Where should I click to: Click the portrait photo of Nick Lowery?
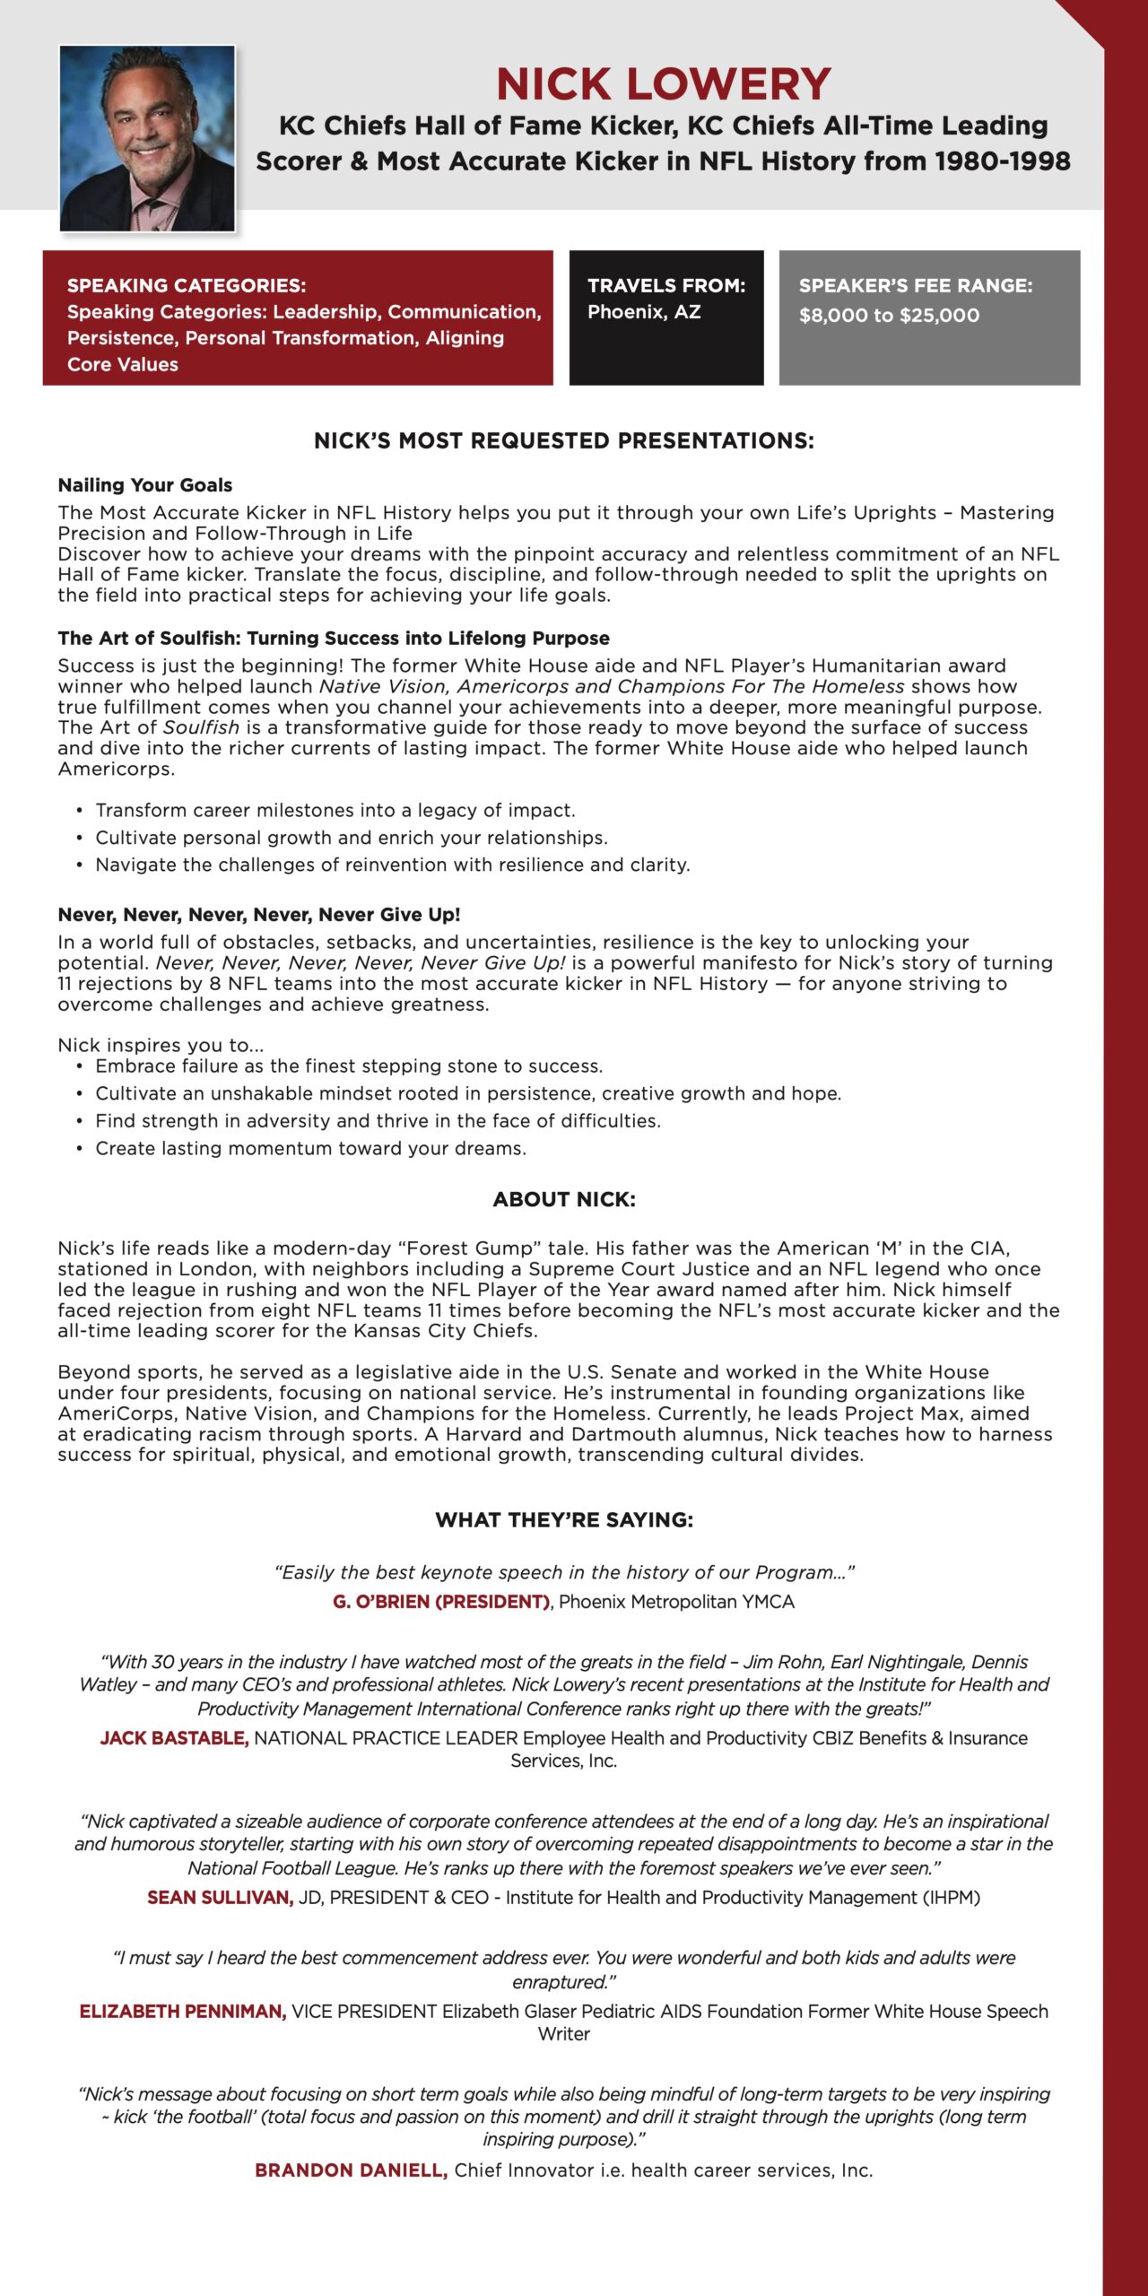[x=147, y=138]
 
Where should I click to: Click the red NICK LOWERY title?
[x=664, y=84]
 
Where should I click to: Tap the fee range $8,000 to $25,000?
[x=889, y=315]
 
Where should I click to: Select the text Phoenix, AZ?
[x=644, y=312]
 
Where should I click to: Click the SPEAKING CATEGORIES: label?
[x=187, y=285]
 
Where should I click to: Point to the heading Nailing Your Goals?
[x=145, y=485]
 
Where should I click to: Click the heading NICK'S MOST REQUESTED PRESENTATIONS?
[x=564, y=440]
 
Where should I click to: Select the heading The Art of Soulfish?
[x=334, y=639]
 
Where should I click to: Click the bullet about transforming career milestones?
[x=335, y=811]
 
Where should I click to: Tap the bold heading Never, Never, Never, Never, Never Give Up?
[x=259, y=915]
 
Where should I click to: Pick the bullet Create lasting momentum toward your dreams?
[x=310, y=1149]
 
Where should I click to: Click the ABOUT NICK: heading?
[x=564, y=1200]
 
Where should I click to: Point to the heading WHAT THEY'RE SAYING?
[x=564, y=1520]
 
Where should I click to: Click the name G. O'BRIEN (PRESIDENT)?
[x=441, y=1602]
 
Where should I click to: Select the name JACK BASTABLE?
[x=174, y=1738]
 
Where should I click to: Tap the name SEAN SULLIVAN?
[x=221, y=1898]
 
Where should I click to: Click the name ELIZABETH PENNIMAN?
[x=183, y=2012]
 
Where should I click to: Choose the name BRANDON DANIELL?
[x=351, y=2170]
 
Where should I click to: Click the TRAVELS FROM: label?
[x=666, y=285]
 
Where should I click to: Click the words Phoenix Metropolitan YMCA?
[x=676, y=1602]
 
